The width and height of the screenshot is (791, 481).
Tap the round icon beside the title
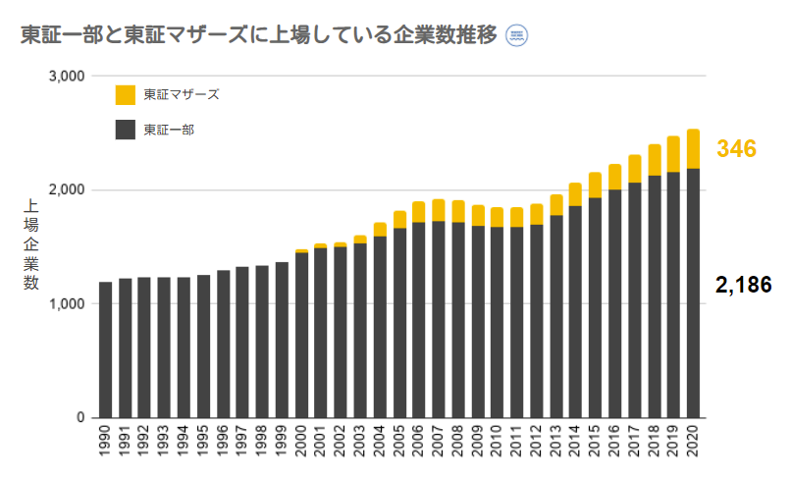516,35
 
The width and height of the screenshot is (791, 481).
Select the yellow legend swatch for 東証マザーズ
125,95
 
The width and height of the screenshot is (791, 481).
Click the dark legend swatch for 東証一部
125,130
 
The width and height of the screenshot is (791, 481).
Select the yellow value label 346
735,149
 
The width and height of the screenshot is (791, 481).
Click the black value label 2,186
743,286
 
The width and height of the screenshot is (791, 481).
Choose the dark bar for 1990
105,349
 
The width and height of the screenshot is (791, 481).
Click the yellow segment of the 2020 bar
693,149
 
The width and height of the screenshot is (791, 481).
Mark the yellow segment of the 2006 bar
419,212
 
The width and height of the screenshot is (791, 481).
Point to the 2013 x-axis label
556,445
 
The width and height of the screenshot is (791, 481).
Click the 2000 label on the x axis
301,445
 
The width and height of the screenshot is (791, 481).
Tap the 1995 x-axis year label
203,445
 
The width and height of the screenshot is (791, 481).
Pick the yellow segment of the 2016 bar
615,177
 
